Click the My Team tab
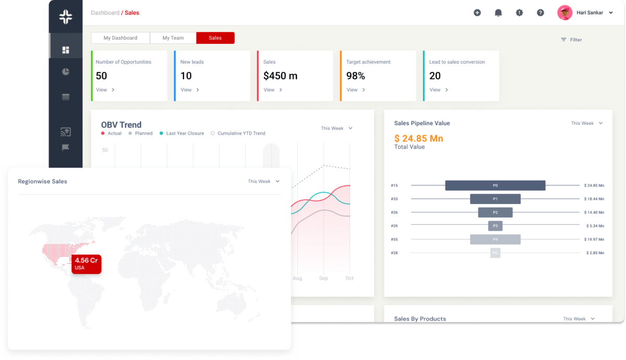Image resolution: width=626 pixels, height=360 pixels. pos(173,38)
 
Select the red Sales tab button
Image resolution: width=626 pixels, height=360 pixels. pos(215,38)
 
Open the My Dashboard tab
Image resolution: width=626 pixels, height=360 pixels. pos(121,38)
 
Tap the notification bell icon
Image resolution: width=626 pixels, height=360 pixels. pos(498,13)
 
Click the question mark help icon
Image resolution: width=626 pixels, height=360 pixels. pos(540,13)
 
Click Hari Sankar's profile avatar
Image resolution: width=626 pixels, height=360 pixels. pos(564,13)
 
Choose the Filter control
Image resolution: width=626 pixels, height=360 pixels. pos(571,40)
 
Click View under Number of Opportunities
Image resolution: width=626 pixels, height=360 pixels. pos(105,90)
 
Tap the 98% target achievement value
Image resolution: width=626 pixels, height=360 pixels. pos(355,76)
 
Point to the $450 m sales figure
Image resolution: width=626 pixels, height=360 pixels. pos(280,76)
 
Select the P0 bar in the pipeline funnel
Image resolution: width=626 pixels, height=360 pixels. pos(495,185)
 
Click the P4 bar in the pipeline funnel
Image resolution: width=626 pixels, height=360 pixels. pos(495,239)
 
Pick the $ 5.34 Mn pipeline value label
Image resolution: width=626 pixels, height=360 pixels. pos(595,226)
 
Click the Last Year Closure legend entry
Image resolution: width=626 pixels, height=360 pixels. pos(182,134)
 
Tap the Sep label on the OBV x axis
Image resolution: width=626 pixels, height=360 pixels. pos(323,278)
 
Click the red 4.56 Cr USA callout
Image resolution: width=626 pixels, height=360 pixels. pos(87,264)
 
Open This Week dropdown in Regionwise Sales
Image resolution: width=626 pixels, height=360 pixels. pos(263,182)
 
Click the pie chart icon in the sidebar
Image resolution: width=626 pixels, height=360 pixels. pos(66,71)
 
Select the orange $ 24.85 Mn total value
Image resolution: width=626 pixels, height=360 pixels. pos(418,138)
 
